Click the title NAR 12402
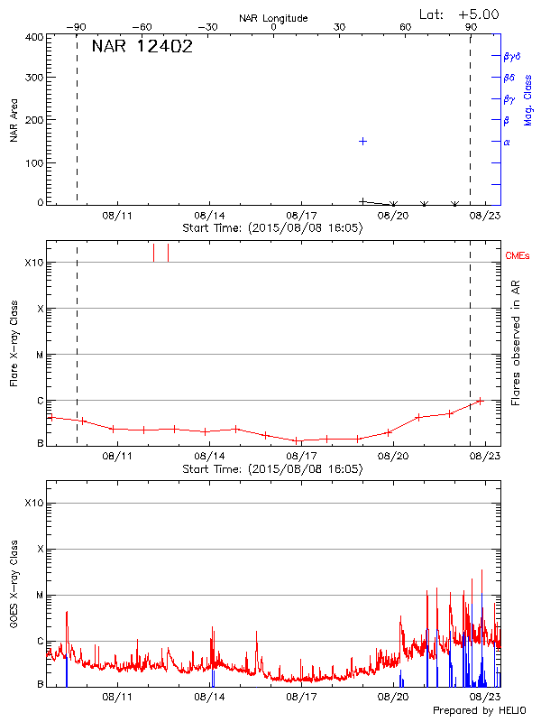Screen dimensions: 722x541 [142, 47]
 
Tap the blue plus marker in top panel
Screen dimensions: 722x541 [362, 142]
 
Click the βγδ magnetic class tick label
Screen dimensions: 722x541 [513, 56]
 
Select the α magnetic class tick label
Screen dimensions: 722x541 [507, 142]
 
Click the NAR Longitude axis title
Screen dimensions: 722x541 [273, 18]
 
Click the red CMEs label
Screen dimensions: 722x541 [518, 256]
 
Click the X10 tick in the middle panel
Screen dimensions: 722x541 [33, 263]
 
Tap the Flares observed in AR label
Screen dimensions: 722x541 [516, 344]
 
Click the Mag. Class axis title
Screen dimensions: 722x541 [528, 100]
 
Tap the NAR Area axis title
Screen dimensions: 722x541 [14, 120]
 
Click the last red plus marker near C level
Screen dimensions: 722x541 [480, 400]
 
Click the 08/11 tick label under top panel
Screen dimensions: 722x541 [117, 217]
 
